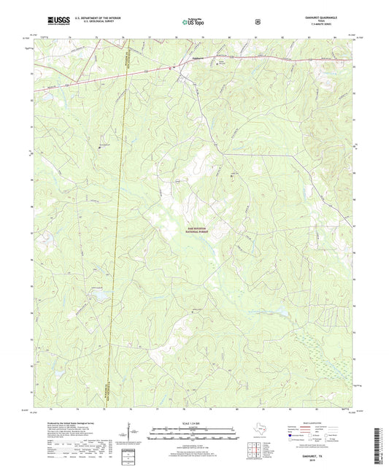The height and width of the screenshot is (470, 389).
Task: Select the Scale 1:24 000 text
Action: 193,422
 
